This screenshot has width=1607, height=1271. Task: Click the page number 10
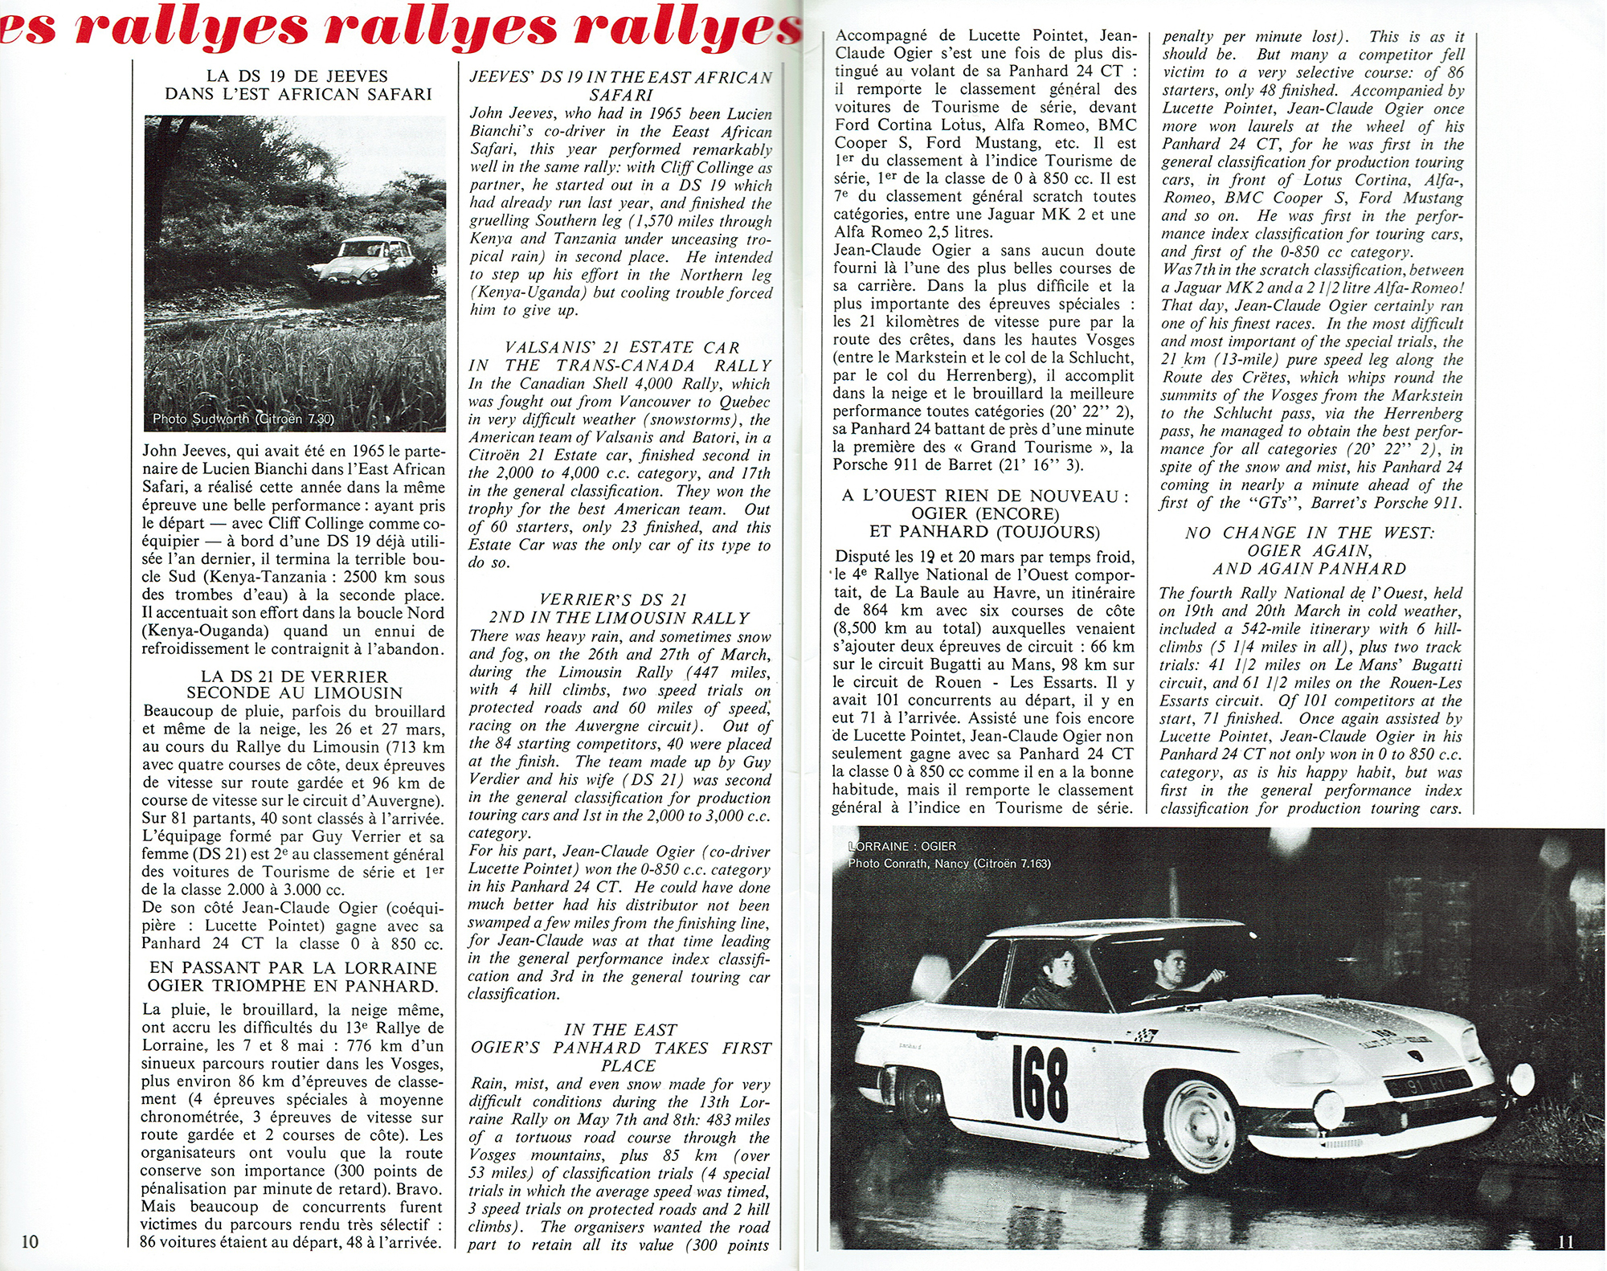pyautogui.click(x=29, y=1241)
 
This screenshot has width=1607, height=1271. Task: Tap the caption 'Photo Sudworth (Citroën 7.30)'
pyautogui.click(x=243, y=419)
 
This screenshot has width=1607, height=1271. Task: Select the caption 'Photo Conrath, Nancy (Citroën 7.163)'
pyautogui.click(x=949, y=864)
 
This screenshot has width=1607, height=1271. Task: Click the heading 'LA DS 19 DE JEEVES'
pyautogui.click(x=296, y=76)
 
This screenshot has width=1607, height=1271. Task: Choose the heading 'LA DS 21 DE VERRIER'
pyautogui.click(x=294, y=676)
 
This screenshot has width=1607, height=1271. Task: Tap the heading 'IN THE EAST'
pyautogui.click(x=619, y=1030)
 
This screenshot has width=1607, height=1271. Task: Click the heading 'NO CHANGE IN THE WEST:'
pyautogui.click(x=1309, y=533)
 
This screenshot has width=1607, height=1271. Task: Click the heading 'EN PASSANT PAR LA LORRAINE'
pyautogui.click(x=293, y=968)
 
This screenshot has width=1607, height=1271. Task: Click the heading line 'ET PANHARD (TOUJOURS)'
pyautogui.click(x=984, y=532)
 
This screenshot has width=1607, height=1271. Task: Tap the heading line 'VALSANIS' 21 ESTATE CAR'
pyautogui.click(x=622, y=348)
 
